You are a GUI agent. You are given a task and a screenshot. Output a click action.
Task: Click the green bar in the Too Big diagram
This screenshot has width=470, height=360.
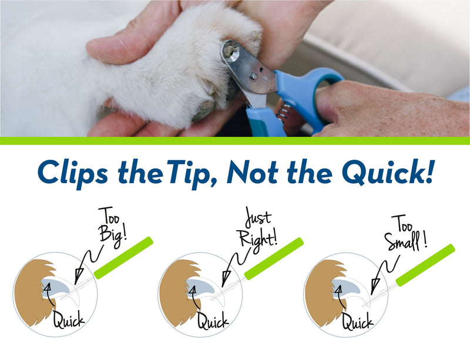(x=123, y=257)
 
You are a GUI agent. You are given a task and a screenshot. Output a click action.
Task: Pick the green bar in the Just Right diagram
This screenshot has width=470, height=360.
(x=273, y=258)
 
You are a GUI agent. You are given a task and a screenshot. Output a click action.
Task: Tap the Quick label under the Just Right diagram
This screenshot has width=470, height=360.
(x=213, y=321)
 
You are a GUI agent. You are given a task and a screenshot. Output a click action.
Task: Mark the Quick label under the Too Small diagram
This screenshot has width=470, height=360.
(x=358, y=321)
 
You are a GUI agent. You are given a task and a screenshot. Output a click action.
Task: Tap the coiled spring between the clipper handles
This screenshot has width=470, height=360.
(x=284, y=111)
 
